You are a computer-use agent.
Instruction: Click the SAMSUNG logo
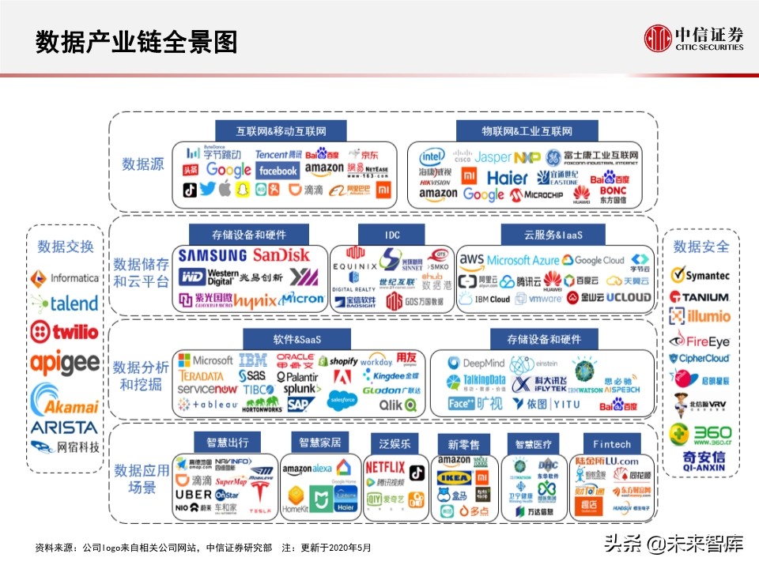pyautogui.click(x=212, y=255)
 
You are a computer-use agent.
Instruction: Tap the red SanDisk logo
pyautogui.click(x=281, y=255)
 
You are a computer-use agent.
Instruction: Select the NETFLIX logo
pyautogui.click(x=385, y=467)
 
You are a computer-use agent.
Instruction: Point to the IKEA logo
pyautogui.click(x=454, y=477)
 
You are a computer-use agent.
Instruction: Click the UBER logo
pyautogui.click(x=193, y=494)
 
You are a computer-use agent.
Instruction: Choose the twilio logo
pyautogui.click(x=64, y=331)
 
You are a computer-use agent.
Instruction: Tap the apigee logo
pyautogui.click(x=65, y=363)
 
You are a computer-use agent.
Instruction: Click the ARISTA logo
pyautogui.click(x=65, y=428)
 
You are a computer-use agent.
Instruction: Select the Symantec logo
pyautogui.click(x=700, y=275)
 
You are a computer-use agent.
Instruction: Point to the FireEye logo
pyautogui.click(x=700, y=341)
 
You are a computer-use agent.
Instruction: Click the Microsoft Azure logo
pyautogui.click(x=523, y=260)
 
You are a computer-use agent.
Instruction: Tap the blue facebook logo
pyautogui.click(x=278, y=171)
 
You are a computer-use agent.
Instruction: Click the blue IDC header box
pyautogui.click(x=392, y=235)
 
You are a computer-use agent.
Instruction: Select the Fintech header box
pyautogui.click(x=611, y=444)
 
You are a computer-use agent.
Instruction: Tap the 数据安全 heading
pyautogui.click(x=701, y=247)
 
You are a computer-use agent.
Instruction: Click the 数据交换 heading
pyautogui.click(x=66, y=247)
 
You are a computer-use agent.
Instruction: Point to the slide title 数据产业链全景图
pyautogui.click(x=137, y=43)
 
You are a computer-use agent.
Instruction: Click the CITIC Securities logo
pyautogui.click(x=693, y=37)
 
